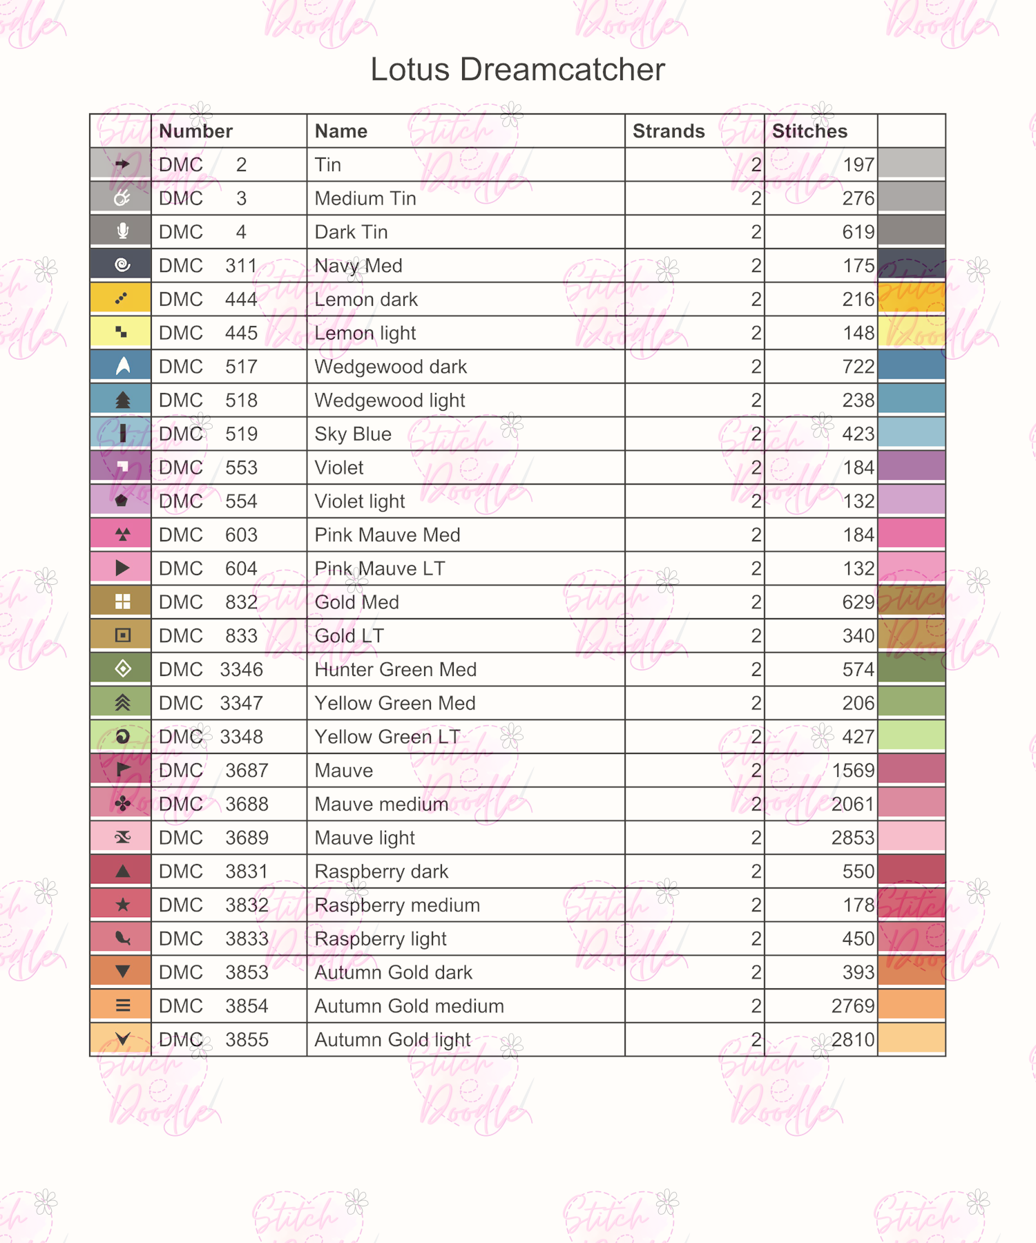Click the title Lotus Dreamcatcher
[x=517, y=70]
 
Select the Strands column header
[x=668, y=131]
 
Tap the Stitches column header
[x=809, y=131]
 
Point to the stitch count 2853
[x=852, y=838]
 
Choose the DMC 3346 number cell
[x=211, y=670]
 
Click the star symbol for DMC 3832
[x=122, y=905]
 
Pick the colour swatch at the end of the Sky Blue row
[x=911, y=434]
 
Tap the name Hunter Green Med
[x=395, y=670]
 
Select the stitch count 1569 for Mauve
[x=853, y=771]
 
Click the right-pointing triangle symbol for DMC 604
[x=122, y=568]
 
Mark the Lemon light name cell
[x=365, y=334]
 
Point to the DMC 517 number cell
[x=208, y=367]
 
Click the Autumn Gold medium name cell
[x=409, y=1006]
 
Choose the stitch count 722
[x=858, y=367]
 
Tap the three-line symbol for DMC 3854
[x=122, y=1005]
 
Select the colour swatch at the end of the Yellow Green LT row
[x=911, y=736]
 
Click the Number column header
[x=195, y=131]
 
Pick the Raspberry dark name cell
[x=381, y=871]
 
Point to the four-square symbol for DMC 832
[x=122, y=602]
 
